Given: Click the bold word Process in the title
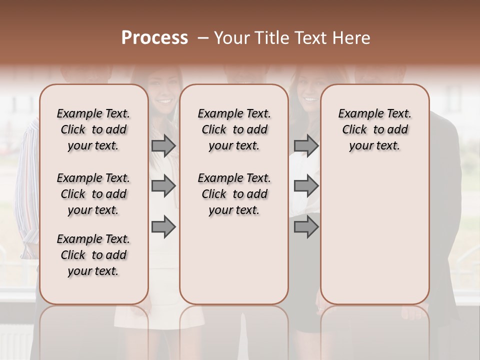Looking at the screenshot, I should [154, 38].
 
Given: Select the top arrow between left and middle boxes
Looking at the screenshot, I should [163, 145].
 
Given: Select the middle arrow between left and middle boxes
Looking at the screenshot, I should [163, 186].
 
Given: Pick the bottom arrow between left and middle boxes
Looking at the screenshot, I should [163, 227].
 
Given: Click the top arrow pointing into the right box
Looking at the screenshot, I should [306, 145].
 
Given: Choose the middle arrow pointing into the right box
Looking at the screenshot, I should [306, 186].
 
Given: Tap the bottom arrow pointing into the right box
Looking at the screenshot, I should [306, 227].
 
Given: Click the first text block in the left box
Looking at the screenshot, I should [93, 129].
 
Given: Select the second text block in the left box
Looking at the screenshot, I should [93, 194].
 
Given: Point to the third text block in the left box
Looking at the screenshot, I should [93, 255].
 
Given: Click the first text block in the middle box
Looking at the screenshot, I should [234, 129].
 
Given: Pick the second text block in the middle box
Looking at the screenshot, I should [234, 194].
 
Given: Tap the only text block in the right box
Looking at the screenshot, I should [374, 129].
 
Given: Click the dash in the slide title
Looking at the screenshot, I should [202, 38].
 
